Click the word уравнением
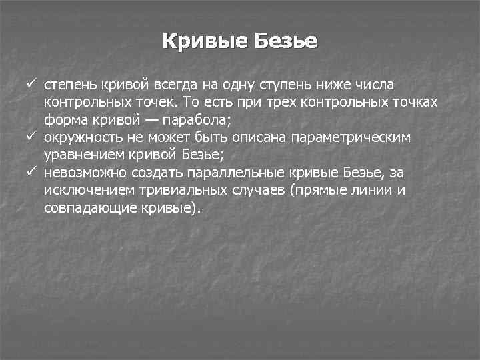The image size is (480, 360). coord(81,155)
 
